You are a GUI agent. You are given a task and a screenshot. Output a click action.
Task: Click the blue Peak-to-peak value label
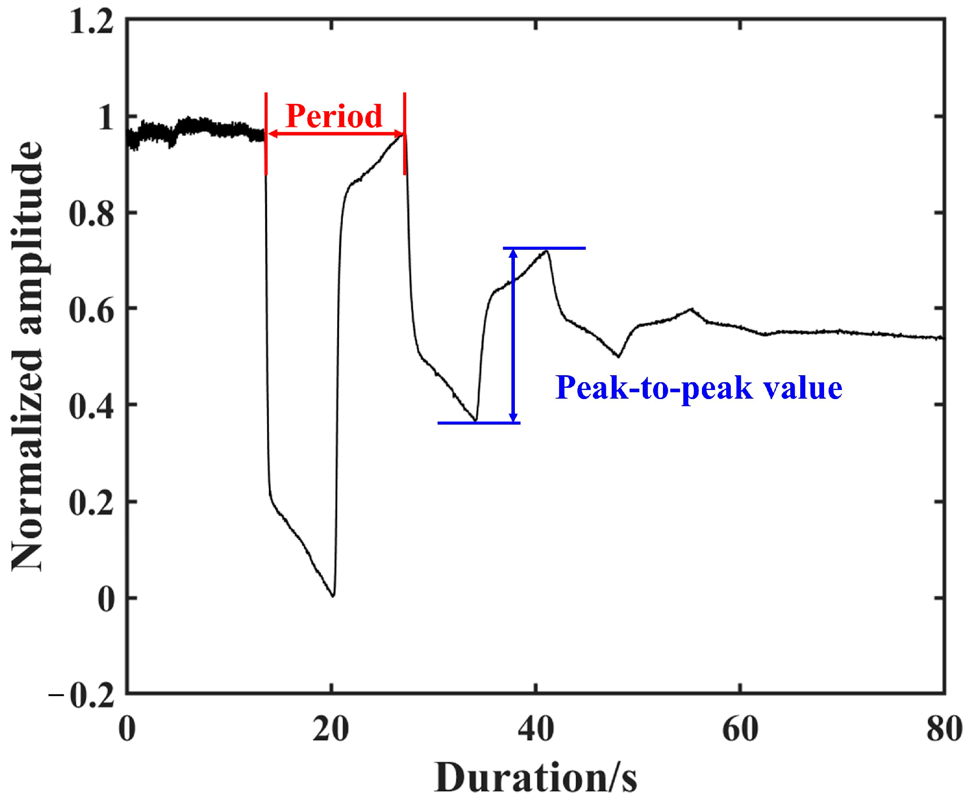[x=699, y=388]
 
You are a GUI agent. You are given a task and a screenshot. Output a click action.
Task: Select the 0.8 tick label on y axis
[x=91, y=213]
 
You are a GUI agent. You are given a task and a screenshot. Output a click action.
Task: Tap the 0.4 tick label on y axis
[x=91, y=405]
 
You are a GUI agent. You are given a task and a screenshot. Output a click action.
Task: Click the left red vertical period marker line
[x=265, y=134]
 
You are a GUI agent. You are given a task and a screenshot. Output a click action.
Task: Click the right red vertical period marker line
[x=404, y=134]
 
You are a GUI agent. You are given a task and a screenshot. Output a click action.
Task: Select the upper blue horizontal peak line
[x=544, y=248]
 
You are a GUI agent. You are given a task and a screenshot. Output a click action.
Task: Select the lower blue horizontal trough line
[x=479, y=423]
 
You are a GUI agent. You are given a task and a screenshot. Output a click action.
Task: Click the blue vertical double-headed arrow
[x=513, y=336]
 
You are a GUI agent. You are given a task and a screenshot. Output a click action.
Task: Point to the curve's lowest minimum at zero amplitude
[x=333, y=596]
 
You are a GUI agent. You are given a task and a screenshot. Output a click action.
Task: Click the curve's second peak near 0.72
[x=546, y=251]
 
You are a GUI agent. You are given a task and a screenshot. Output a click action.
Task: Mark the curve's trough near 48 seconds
[x=618, y=357]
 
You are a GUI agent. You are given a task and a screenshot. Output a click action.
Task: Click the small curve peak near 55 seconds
[x=691, y=309]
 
